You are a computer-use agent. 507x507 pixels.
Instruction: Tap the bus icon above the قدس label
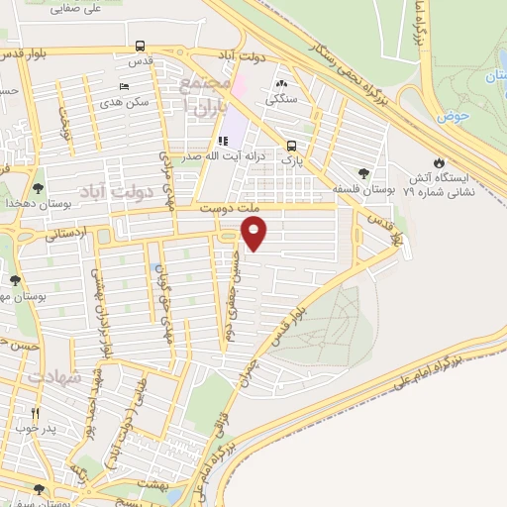[142, 46]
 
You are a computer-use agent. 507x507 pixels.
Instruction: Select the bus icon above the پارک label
[290, 144]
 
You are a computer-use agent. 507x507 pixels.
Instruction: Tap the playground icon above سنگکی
[283, 84]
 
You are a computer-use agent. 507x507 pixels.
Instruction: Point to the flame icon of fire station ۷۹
[440, 161]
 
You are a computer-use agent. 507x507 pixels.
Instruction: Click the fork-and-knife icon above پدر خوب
[36, 414]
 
